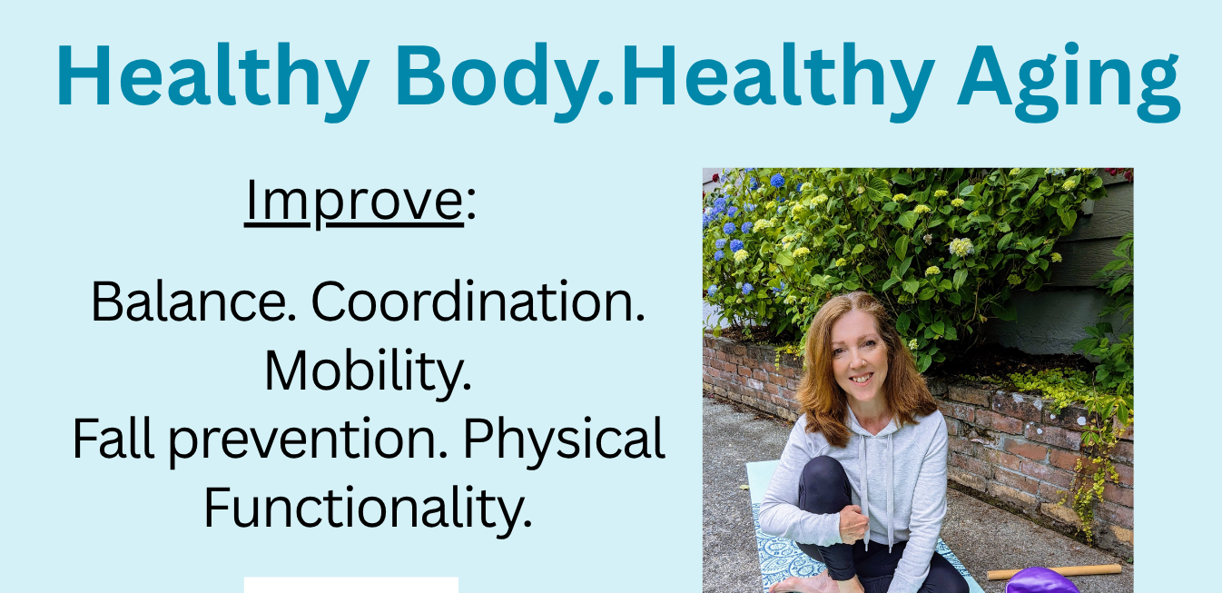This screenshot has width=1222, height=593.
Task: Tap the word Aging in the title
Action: (x=1069, y=82)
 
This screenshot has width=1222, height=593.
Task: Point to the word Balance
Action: (x=193, y=301)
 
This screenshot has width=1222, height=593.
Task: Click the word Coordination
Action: (x=478, y=301)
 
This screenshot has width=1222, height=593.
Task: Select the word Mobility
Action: (x=368, y=371)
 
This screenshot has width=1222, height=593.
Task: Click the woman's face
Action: (x=860, y=359)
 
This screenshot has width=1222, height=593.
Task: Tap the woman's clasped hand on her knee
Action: (x=852, y=524)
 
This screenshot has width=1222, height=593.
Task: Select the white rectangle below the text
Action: (x=350, y=585)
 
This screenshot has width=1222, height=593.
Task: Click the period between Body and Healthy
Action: (x=606, y=97)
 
